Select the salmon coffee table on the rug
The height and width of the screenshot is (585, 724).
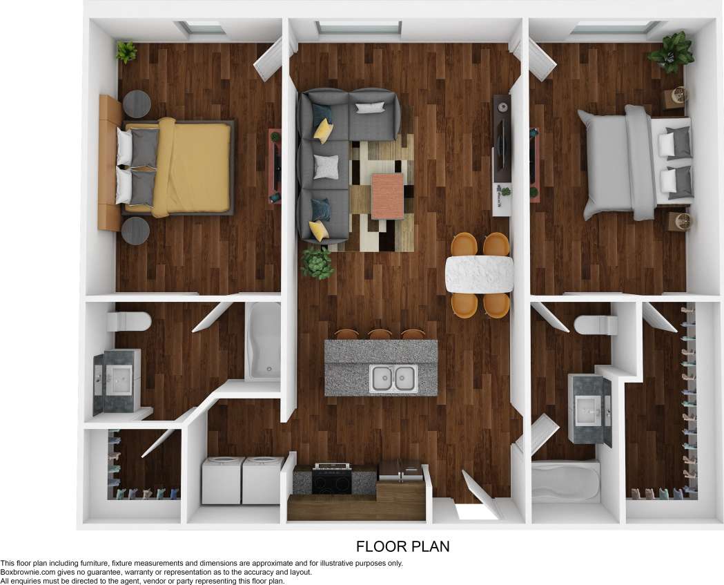(387, 196)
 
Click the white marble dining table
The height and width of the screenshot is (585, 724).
(480, 274)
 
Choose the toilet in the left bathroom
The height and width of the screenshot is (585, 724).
(129, 321)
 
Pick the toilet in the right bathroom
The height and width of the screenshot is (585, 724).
(596, 325)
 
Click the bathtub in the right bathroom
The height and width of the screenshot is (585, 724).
(565, 481)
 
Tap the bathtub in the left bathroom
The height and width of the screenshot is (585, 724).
(263, 342)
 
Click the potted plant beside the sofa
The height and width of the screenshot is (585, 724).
(317, 262)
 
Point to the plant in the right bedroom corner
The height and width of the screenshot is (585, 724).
(670, 51)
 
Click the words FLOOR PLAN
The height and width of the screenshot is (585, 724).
(402, 546)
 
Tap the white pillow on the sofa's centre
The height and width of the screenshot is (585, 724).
(326, 166)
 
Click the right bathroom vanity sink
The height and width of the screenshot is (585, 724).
(588, 410)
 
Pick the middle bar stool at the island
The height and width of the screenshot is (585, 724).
(380, 334)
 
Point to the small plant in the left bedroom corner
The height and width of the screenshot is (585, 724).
(126, 52)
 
